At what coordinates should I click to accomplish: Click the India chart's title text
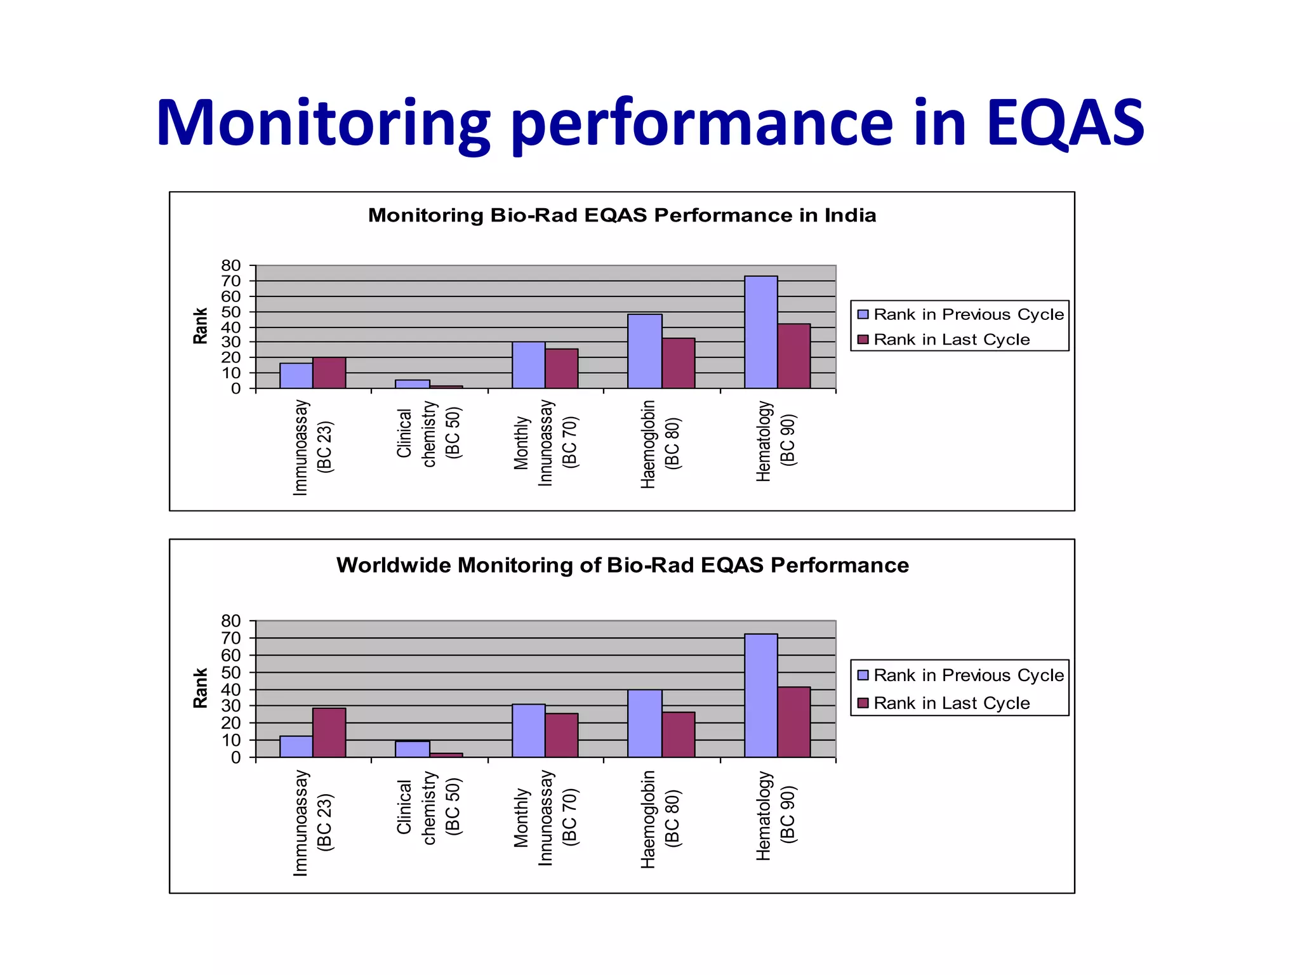pos(621,216)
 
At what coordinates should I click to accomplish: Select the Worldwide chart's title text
pos(622,565)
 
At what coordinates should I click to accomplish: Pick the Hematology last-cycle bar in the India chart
pos(793,356)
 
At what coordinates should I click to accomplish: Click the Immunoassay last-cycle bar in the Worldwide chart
pos(329,733)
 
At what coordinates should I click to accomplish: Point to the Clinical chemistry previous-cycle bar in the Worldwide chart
pos(412,749)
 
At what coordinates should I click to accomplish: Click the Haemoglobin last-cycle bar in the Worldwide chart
pos(678,734)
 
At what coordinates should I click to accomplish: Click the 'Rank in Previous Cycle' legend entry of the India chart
pos(960,315)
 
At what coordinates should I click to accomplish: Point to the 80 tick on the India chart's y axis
pos(231,265)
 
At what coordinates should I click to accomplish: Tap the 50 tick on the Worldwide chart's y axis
pos(231,672)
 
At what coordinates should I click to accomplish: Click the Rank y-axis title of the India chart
pos(201,326)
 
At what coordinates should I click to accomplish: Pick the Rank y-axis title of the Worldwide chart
pos(201,688)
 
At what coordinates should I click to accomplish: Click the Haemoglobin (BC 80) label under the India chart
pos(660,444)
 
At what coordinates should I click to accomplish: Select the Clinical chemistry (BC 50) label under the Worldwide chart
pos(429,807)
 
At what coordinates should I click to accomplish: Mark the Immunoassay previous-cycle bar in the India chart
pos(296,376)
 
